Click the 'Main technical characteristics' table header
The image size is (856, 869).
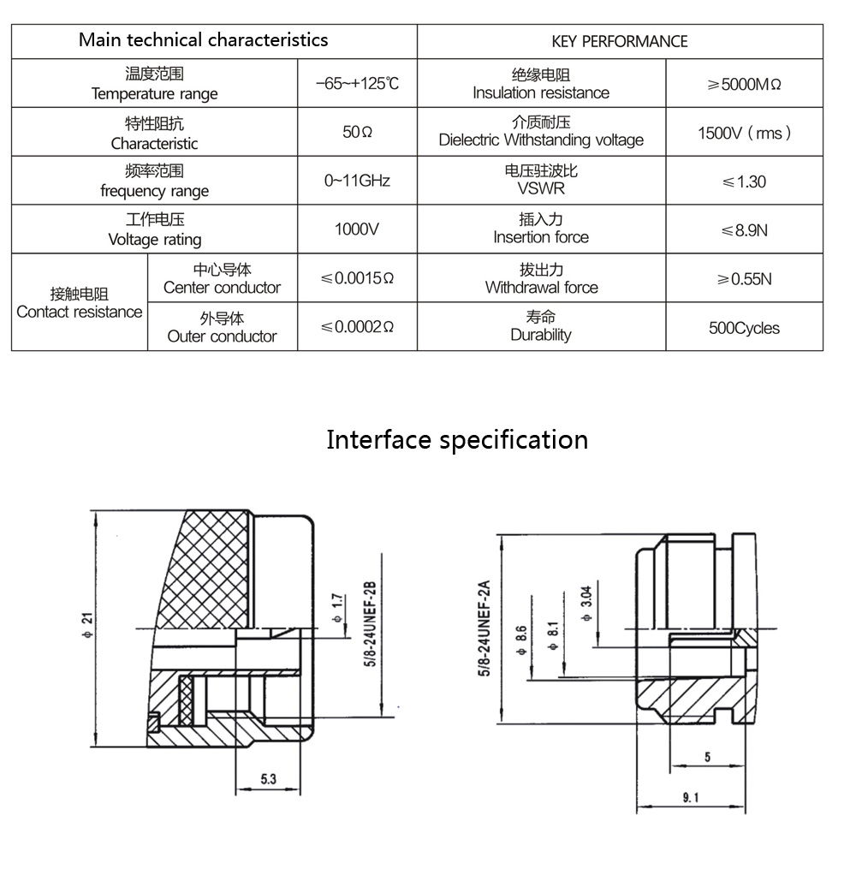coord(203,40)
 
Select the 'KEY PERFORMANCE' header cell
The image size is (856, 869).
coord(619,41)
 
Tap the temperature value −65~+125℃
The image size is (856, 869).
coord(357,84)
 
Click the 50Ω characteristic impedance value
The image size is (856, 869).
coord(357,133)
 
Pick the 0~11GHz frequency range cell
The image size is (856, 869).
coord(357,182)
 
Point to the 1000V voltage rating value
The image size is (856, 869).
coord(357,229)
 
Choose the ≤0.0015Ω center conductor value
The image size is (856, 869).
coord(357,278)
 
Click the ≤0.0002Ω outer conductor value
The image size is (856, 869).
coord(357,327)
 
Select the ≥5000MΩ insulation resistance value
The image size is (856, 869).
coord(744,84)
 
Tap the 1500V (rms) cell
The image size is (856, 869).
coord(744,133)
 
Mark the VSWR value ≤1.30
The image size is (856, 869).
coord(744,182)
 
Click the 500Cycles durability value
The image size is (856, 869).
coord(744,328)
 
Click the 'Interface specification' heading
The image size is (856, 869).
coord(457,440)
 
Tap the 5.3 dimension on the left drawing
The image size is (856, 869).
coord(268,779)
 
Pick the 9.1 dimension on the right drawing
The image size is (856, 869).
coord(691,798)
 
